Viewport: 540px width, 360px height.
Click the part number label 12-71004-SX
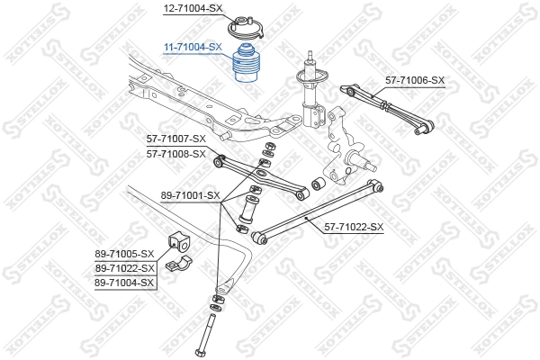pyautogui.click(x=192, y=8)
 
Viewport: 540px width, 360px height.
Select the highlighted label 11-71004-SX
pyautogui.click(x=192, y=46)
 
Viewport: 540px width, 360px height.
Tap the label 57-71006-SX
pyautogui.click(x=415, y=80)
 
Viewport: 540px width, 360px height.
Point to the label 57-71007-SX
pyautogui.click(x=176, y=139)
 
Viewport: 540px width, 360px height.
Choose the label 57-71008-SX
pyautogui.click(x=176, y=153)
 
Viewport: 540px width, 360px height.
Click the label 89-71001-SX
pyautogui.click(x=189, y=194)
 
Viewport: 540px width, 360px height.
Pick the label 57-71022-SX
pyautogui.click(x=353, y=227)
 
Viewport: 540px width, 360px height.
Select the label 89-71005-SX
pyautogui.click(x=125, y=254)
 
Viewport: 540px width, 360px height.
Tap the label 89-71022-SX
pyautogui.click(x=125, y=267)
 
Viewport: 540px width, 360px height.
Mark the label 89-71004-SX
pyautogui.click(x=125, y=282)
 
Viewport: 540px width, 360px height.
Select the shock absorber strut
pyautogui.click(x=312, y=94)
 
